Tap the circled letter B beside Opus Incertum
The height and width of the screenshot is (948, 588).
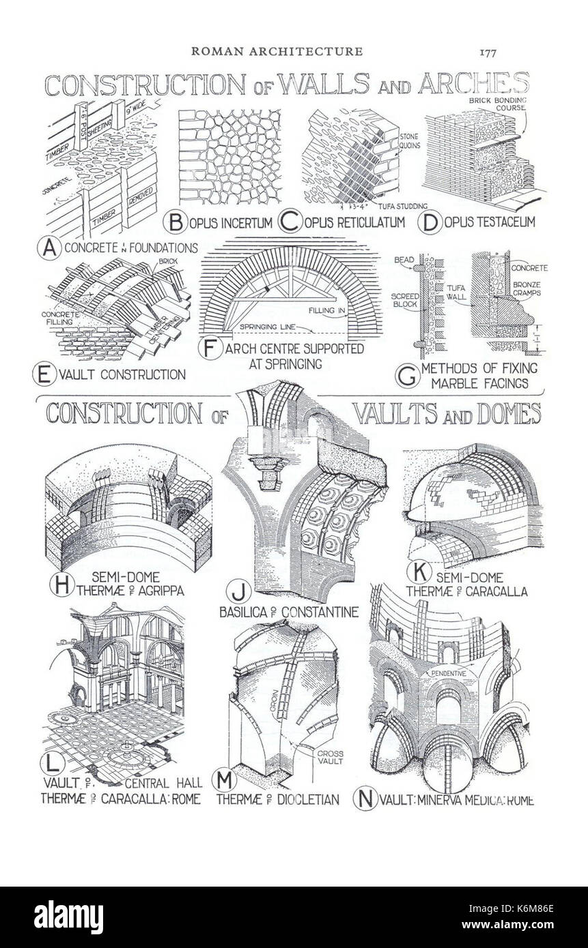point(176,222)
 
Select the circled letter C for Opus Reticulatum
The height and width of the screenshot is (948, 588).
point(292,222)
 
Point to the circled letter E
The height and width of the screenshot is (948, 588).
point(44,374)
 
